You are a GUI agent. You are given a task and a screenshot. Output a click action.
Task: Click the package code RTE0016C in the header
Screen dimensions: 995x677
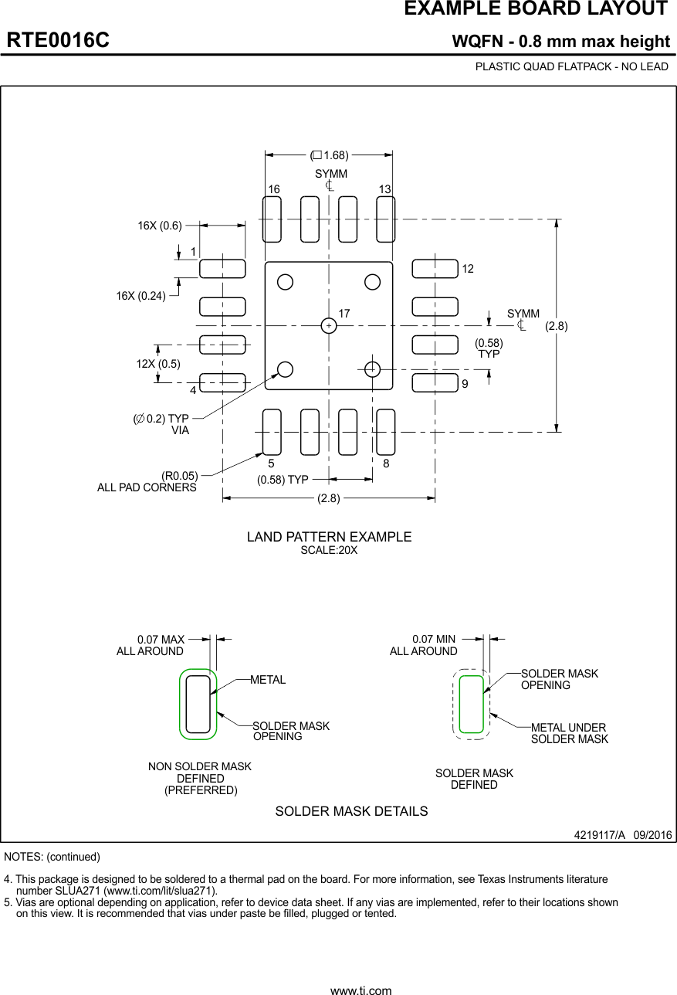58,41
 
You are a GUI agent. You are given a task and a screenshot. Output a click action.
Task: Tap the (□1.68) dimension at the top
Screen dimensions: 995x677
330,155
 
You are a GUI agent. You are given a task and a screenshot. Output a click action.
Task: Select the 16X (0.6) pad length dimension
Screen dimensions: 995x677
160,226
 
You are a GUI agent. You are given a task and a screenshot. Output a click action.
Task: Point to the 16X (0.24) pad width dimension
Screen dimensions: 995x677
141,295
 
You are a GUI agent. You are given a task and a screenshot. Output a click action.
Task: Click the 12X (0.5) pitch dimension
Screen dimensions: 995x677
158,364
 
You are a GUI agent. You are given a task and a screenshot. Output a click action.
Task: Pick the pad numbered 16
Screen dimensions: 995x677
272,219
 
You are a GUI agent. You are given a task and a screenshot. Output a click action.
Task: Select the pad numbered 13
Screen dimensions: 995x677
385,219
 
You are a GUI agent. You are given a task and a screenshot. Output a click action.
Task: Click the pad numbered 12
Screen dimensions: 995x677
435,269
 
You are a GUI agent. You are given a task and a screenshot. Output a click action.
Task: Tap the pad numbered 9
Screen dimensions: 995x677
435,382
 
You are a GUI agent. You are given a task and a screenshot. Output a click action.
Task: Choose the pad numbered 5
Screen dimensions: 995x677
272,432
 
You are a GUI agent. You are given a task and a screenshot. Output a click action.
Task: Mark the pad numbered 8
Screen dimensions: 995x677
385,432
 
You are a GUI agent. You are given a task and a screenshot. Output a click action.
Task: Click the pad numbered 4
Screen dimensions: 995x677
222,382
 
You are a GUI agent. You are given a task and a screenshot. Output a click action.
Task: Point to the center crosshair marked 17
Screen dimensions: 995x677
329,326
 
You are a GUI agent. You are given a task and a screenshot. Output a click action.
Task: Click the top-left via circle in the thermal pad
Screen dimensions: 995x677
286,282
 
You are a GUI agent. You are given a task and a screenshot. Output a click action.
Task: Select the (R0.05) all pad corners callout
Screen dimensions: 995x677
179,475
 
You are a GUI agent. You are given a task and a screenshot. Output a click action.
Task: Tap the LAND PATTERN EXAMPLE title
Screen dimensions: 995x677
329,537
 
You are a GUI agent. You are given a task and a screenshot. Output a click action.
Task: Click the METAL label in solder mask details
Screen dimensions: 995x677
268,680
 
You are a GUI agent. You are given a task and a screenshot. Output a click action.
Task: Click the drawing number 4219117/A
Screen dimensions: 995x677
599,835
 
